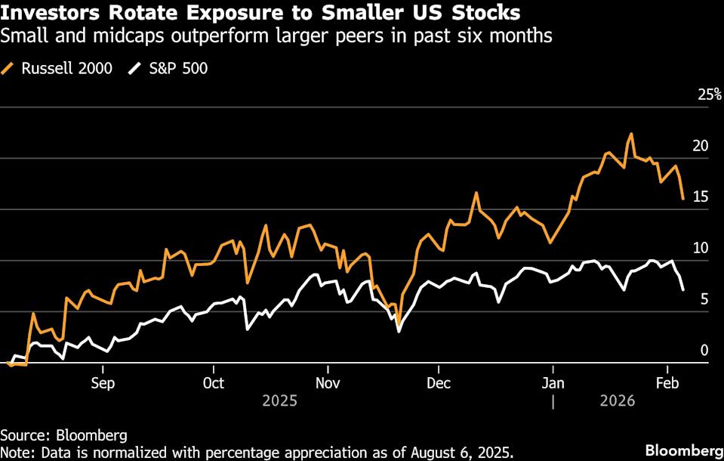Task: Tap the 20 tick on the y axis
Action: (701, 146)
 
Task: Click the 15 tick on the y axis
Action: (701, 196)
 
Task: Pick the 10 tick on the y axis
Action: (701, 248)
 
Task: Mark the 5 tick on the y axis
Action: (704, 299)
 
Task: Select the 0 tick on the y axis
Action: (704, 350)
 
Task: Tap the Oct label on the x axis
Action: (214, 382)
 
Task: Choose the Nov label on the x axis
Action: (327, 382)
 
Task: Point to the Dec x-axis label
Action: (439, 382)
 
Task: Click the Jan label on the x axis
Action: (553, 382)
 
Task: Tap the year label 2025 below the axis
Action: (280, 401)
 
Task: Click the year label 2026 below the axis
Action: (616, 401)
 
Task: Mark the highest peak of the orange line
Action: (630, 135)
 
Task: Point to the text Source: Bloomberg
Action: (63, 435)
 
